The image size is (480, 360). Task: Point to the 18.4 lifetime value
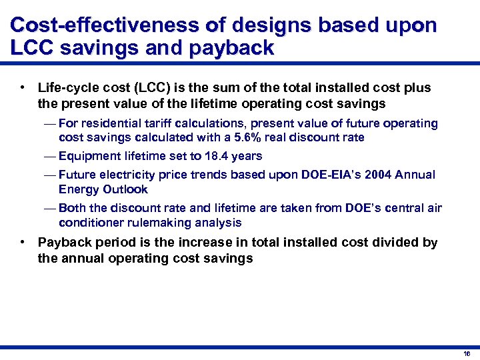click(x=213, y=156)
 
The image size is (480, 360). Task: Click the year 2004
click(x=371, y=175)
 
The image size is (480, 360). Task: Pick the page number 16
click(x=467, y=354)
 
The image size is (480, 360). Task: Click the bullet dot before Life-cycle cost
click(x=23, y=88)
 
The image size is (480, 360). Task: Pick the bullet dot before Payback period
click(x=23, y=242)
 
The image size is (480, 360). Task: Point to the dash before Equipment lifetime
click(x=49, y=156)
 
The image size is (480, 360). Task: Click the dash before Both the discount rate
click(x=49, y=208)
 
